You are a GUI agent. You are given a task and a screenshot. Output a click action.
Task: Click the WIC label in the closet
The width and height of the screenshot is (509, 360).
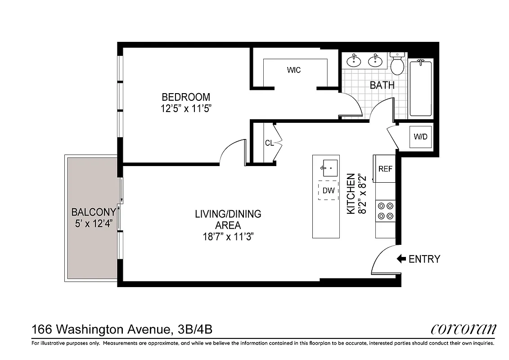click(x=294, y=70)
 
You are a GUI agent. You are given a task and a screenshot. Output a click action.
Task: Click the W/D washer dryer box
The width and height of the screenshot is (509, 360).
click(x=421, y=137)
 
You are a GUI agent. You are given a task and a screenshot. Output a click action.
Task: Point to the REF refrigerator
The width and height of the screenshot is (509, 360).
click(x=385, y=169)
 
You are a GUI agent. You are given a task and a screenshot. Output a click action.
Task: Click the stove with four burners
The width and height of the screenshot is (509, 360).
click(x=385, y=211)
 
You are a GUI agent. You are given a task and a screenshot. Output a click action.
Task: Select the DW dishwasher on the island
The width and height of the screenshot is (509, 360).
click(x=329, y=190)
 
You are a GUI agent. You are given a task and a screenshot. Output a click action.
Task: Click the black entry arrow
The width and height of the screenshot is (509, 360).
click(x=401, y=259)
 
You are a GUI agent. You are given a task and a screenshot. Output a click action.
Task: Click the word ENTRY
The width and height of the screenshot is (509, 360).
click(x=424, y=259)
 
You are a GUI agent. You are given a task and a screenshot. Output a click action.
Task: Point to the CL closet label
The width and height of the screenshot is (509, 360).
click(x=269, y=143)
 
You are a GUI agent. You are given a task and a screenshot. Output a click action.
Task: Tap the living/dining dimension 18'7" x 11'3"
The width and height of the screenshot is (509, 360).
click(x=228, y=237)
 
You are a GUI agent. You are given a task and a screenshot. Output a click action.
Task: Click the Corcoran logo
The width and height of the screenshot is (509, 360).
click(x=464, y=329)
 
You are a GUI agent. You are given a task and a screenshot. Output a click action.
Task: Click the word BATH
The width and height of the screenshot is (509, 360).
click(x=382, y=85)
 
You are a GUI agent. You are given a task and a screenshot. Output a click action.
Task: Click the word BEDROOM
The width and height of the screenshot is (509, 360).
click(x=186, y=97)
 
